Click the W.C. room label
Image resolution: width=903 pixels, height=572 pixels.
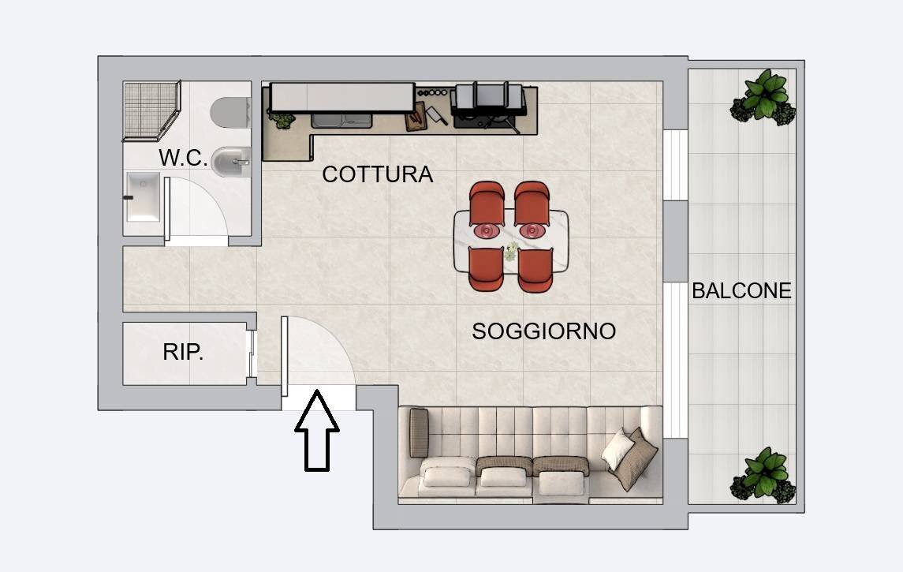tap(183, 158)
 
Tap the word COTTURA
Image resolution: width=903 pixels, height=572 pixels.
tap(377, 174)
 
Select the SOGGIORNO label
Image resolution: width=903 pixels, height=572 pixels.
tap(543, 331)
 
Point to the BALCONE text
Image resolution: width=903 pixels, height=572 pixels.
tap(741, 291)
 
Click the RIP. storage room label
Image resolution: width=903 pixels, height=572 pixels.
tap(183, 353)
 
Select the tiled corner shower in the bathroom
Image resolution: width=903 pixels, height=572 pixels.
tap(151, 110)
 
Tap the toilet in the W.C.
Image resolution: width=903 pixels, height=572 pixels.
tap(231, 112)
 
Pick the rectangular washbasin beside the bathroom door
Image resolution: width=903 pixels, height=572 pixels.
tap(143, 197)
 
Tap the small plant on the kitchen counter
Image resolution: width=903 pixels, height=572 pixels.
tap(282, 120)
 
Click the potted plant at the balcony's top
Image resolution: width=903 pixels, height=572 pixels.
tap(763, 98)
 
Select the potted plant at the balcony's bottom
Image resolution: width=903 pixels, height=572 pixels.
tap(763, 473)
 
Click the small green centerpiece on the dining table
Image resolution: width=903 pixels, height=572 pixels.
tap(511, 252)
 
